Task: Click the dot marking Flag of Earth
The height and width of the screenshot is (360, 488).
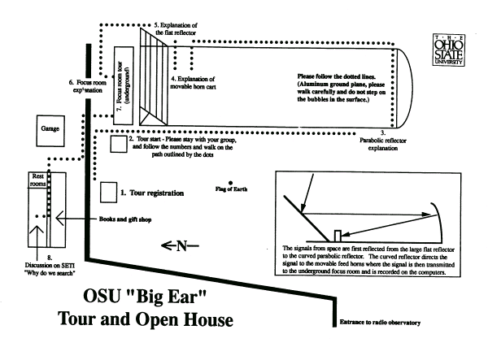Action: pos(231,182)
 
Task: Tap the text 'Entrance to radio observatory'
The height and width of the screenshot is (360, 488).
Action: pos(381,323)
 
